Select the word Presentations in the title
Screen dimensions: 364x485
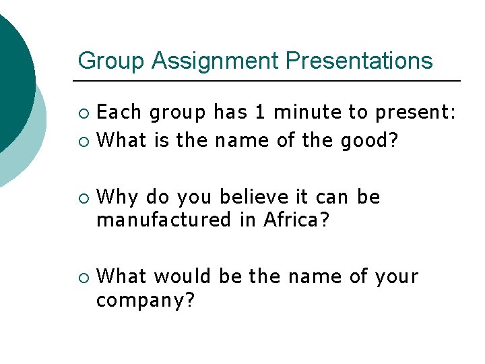point(359,61)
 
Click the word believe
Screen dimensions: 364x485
point(254,197)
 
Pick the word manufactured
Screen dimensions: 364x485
point(162,220)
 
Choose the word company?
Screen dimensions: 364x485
point(145,300)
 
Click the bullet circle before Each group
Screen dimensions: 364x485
point(83,112)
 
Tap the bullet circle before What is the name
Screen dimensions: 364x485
point(83,141)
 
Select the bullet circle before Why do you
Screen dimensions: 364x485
point(83,198)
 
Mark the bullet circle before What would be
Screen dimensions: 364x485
point(83,277)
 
